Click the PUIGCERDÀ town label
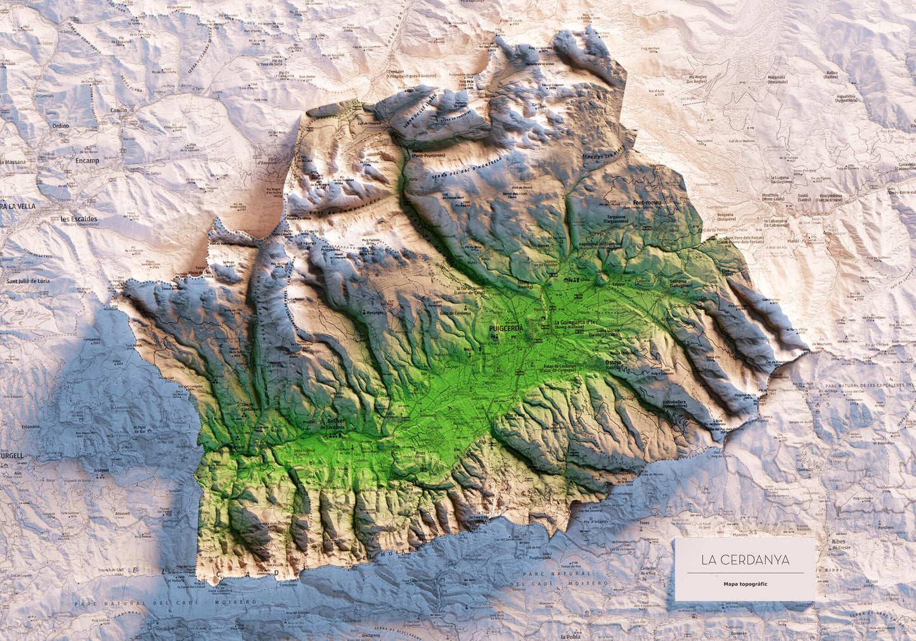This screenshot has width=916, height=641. click(505, 329)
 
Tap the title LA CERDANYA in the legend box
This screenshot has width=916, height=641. click(745, 560)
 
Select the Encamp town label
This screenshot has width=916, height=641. click(87, 161)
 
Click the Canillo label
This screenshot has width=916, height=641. click(119, 110)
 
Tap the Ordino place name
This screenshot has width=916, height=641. click(60, 125)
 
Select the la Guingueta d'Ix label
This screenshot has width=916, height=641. click(576, 323)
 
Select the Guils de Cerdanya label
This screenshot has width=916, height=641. click(453, 314)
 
